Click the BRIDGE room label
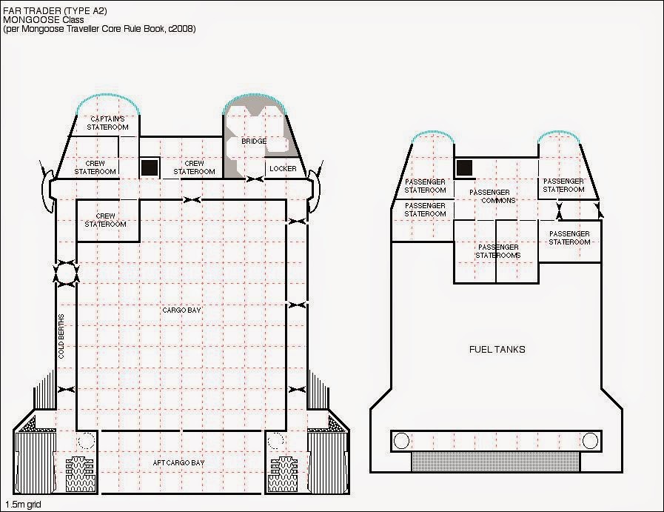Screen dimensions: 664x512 (x=254, y=141)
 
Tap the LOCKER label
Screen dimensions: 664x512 (x=283, y=169)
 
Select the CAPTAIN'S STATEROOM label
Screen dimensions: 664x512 (x=107, y=123)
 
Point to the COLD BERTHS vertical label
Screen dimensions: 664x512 (x=61, y=336)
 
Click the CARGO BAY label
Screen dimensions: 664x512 (x=181, y=310)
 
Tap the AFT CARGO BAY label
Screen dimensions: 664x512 (x=178, y=463)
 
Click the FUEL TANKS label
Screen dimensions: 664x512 (x=497, y=349)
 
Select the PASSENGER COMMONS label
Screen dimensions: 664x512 (x=492, y=196)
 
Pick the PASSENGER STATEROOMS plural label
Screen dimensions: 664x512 (x=498, y=251)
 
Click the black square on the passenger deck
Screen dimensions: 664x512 (x=465, y=168)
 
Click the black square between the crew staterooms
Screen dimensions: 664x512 (x=150, y=167)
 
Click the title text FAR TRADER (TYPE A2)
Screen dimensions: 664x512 (x=55, y=11)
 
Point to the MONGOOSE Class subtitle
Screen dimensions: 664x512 (x=44, y=20)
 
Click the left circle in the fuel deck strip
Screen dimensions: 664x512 (x=401, y=441)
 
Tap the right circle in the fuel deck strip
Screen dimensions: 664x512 (x=590, y=441)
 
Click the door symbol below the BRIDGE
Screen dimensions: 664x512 (x=255, y=179)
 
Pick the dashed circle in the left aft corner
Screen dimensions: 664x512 (x=87, y=441)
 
